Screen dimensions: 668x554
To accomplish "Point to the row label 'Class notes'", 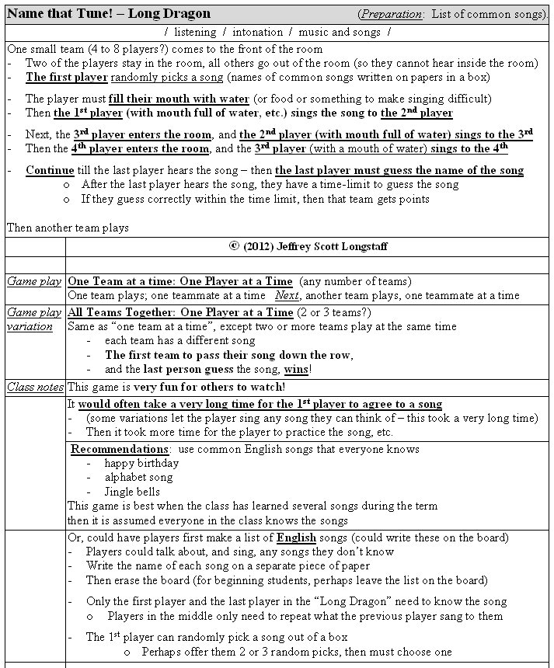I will point(35,387).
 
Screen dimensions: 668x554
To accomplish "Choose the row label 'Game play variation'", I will point(35,319).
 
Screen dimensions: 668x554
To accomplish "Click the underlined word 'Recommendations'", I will point(120,449).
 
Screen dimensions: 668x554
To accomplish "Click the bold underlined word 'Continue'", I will point(50,170).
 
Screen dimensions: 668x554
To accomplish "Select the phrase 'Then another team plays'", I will point(68,228).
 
